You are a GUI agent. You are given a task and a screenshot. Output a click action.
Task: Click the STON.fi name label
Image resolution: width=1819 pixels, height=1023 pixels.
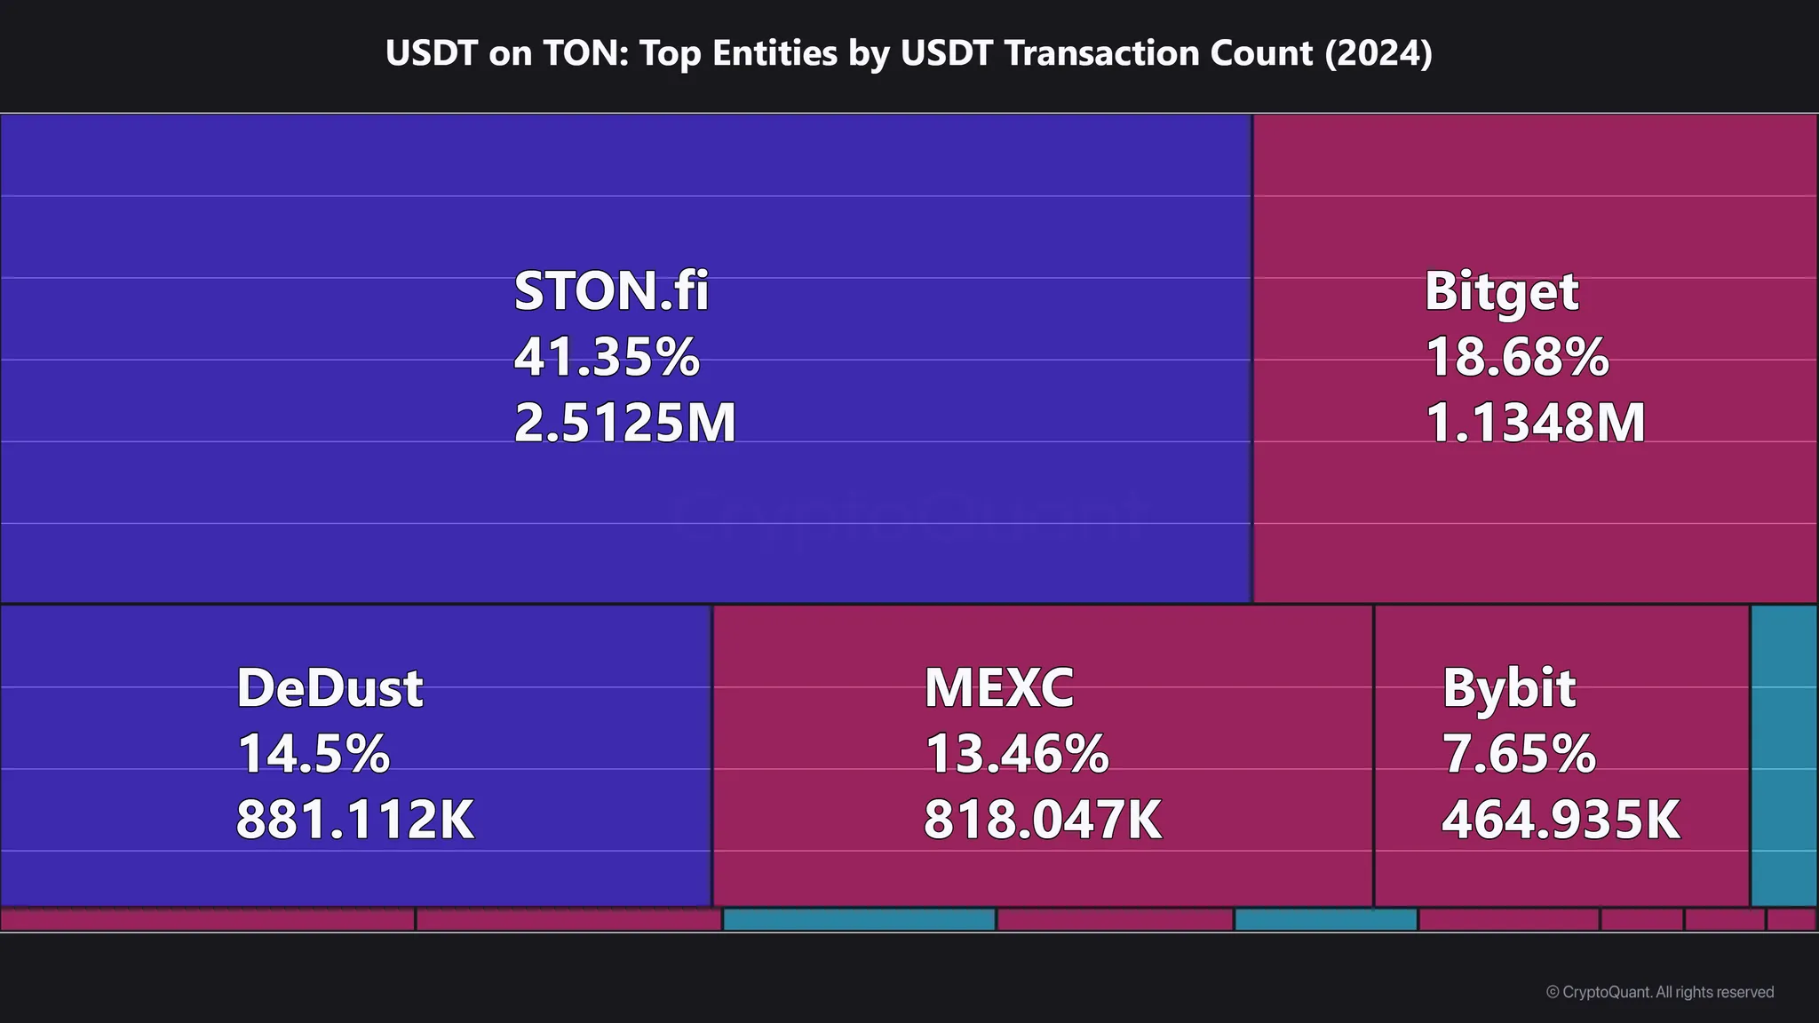point(611,291)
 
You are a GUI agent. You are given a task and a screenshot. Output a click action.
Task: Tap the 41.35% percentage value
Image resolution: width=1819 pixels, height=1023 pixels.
point(607,357)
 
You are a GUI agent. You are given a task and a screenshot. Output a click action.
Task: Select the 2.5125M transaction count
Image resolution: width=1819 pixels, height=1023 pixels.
point(624,423)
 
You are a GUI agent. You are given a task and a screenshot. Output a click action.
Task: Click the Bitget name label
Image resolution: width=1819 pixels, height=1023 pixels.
point(1501,291)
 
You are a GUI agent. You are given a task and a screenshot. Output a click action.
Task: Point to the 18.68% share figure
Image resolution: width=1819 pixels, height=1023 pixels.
point(1516,357)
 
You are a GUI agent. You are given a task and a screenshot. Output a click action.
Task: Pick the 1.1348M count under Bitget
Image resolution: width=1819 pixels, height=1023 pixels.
point(1535,423)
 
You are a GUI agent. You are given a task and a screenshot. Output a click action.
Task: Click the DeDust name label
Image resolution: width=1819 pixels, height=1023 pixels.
point(330,688)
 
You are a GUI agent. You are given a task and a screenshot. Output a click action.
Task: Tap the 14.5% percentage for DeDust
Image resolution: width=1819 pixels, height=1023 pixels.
point(313,754)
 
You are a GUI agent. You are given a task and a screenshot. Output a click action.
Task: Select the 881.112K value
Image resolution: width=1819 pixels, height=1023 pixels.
point(354,820)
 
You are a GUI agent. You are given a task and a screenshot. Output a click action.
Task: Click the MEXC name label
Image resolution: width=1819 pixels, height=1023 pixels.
point(998,688)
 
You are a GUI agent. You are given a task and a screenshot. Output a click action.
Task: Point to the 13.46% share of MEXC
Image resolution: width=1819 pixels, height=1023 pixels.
point(1016,754)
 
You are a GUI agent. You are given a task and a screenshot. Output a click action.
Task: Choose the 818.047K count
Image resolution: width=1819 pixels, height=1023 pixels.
point(1042,820)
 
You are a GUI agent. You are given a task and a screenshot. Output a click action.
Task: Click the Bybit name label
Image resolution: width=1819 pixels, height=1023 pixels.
point(1508,688)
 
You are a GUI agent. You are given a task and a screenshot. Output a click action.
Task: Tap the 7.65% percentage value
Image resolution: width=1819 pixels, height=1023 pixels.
point(1518,754)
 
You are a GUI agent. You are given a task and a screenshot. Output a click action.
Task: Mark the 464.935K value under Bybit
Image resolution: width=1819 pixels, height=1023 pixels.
point(1560,820)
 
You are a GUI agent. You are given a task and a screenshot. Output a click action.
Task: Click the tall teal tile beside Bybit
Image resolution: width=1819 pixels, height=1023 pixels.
point(1783,755)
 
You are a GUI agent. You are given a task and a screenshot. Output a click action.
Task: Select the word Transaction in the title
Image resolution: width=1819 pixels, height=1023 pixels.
point(1158,53)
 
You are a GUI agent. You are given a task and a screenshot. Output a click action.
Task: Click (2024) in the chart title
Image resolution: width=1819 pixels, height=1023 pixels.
point(1378,53)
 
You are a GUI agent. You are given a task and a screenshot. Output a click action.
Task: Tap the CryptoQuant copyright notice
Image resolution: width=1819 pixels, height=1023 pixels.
point(1659,992)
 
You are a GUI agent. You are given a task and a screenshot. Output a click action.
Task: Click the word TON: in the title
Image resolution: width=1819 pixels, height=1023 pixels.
point(584,53)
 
